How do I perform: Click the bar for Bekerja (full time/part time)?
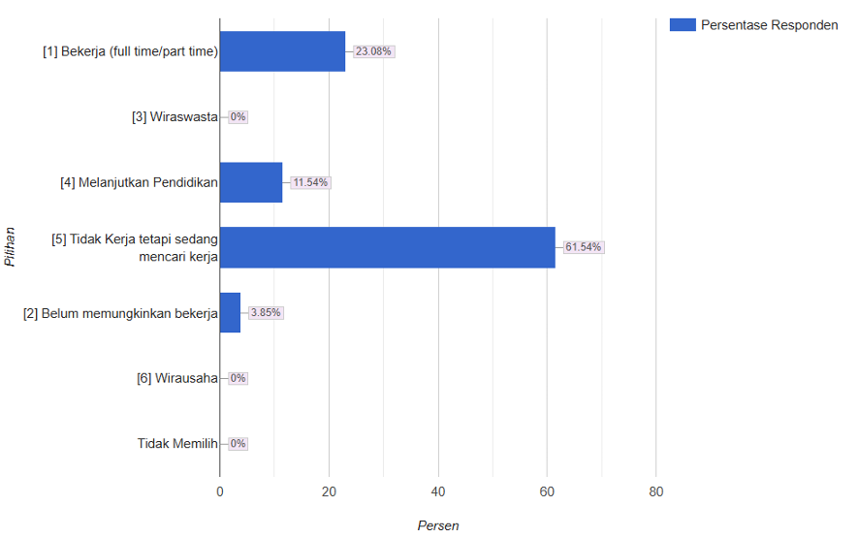(x=282, y=51)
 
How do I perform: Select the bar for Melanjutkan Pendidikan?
(x=251, y=182)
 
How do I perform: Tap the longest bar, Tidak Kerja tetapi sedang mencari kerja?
(x=387, y=247)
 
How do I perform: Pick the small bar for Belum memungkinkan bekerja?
(x=230, y=312)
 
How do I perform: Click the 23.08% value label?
(x=373, y=51)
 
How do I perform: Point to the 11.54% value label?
(x=310, y=182)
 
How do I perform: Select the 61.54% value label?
(x=584, y=247)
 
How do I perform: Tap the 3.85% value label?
(x=266, y=312)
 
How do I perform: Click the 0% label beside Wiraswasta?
(x=238, y=116)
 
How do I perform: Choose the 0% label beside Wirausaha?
(x=238, y=378)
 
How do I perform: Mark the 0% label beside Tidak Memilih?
(x=238, y=443)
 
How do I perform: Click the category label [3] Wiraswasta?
(x=175, y=116)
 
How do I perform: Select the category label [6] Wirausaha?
(x=176, y=378)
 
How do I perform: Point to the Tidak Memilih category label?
(x=176, y=443)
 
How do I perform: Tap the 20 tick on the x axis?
(x=329, y=491)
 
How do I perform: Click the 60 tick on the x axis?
(x=547, y=491)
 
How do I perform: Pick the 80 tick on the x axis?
(x=656, y=491)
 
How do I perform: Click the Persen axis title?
(x=438, y=525)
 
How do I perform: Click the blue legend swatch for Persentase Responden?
(x=683, y=25)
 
